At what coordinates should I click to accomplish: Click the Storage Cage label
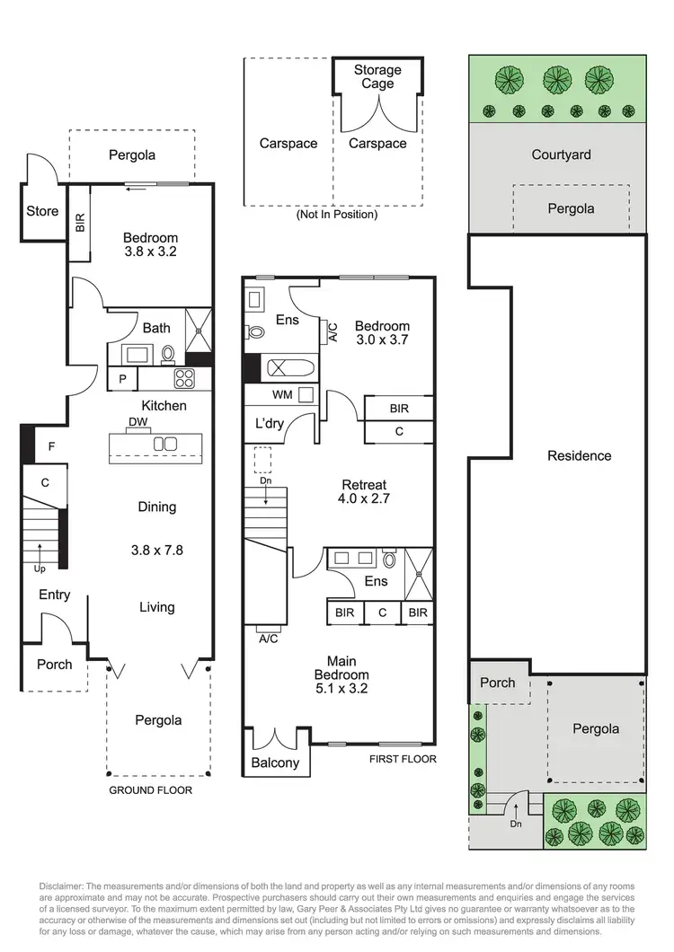[377, 76]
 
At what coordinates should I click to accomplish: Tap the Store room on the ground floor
[42, 211]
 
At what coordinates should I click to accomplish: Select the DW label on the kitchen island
[138, 421]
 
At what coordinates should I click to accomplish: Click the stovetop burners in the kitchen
[184, 378]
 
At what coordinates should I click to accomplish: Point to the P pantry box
[122, 379]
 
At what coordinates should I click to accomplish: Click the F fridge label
[50, 445]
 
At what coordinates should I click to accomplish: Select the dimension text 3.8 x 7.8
[157, 550]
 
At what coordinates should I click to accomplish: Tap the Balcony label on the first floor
[276, 762]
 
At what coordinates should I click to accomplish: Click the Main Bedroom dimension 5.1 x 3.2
[341, 689]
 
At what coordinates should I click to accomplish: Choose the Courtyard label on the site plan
[561, 154]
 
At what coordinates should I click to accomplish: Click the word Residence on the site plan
[579, 455]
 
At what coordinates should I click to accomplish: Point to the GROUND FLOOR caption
[150, 790]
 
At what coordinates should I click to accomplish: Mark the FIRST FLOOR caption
[403, 759]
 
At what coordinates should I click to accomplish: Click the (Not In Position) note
[336, 215]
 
